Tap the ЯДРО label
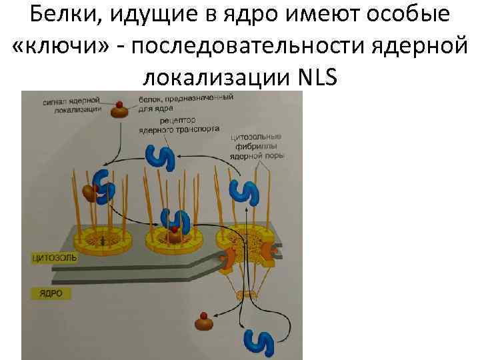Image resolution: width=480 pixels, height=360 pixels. point(45,292)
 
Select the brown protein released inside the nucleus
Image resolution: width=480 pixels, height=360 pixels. point(203,323)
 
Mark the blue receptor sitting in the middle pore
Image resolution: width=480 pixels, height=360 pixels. point(177,223)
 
